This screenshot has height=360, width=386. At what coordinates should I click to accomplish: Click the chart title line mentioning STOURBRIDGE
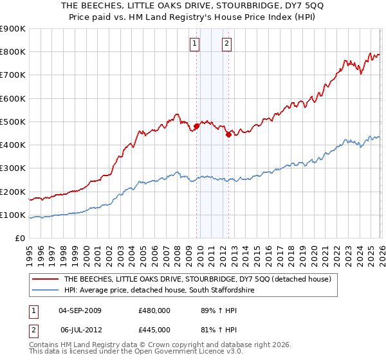point(193,6)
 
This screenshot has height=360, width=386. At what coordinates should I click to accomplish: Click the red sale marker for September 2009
point(196,126)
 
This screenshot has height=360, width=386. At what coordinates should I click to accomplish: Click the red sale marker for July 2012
point(228,134)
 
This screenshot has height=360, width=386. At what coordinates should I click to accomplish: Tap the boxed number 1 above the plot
point(194,44)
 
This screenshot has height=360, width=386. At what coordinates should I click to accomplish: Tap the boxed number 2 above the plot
point(227,44)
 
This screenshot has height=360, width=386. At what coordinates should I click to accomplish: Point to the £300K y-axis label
point(13,168)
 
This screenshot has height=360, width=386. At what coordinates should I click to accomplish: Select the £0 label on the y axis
point(19,239)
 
